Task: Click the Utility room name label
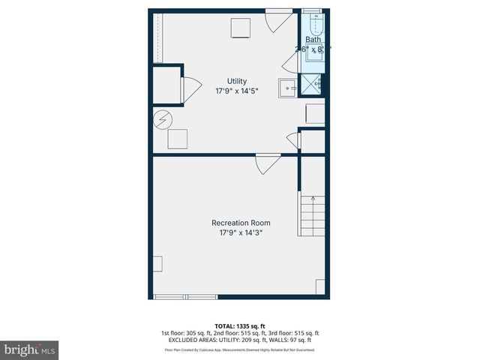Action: coord(238,81)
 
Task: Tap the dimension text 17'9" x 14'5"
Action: coord(238,91)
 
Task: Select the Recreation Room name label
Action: coord(241,223)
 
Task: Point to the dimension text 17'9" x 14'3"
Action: coord(241,233)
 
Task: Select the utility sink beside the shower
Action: coord(287,88)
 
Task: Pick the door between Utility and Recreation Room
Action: coord(268,163)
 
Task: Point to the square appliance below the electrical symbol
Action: coord(178,139)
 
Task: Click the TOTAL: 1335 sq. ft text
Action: coord(240,326)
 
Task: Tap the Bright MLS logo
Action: coord(30,349)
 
